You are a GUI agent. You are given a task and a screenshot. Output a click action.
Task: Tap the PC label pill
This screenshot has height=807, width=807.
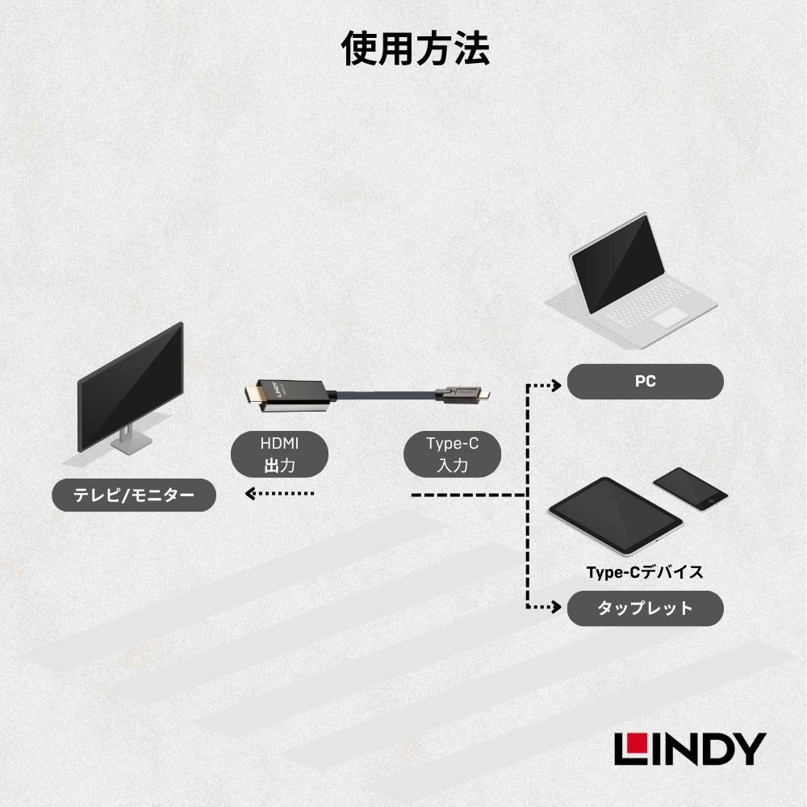click(645, 382)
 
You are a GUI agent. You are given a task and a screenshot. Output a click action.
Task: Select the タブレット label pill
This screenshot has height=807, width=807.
click(645, 608)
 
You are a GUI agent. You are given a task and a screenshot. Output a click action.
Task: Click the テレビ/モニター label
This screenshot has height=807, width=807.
click(134, 495)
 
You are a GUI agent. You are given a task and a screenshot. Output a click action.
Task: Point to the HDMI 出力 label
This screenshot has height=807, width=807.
click(279, 454)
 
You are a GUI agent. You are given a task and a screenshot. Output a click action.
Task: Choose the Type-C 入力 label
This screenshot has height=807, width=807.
click(452, 454)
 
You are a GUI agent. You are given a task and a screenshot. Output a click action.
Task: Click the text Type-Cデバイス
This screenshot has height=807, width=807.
click(645, 572)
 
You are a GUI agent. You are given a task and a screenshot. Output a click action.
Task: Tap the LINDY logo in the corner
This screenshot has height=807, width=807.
click(688, 748)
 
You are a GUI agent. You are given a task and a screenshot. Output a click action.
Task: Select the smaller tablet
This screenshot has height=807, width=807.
click(690, 488)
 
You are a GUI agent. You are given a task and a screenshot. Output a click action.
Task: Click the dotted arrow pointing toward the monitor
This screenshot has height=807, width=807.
click(278, 493)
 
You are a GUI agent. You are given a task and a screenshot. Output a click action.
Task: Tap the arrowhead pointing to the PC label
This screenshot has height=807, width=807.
click(556, 385)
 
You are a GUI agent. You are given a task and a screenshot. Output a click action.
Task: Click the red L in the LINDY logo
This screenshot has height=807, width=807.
click(629, 748)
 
